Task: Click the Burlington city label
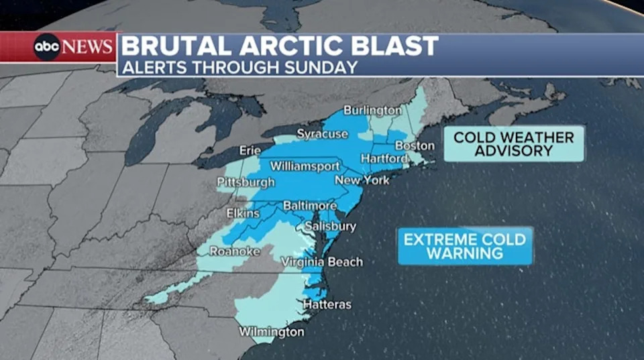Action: click(x=372, y=110)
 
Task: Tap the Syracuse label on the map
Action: click(x=323, y=134)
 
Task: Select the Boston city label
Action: click(x=415, y=145)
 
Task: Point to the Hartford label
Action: click(x=384, y=158)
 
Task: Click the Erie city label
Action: click(x=250, y=150)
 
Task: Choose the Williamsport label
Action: click(x=305, y=166)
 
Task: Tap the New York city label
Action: click(x=362, y=180)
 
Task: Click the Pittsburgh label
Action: click(x=246, y=182)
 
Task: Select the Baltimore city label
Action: click(x=309, y=205)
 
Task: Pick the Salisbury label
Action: click(x=330, y=227)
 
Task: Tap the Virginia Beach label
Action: click(x=322, y=261)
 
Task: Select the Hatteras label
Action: click(x=327, y=304)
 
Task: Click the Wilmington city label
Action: click(x=272, y=332)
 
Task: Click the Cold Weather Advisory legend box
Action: click(x=514, y=144)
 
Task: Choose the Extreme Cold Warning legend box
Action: click(x=466, y=246)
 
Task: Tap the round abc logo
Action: click(x=47, y=47)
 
